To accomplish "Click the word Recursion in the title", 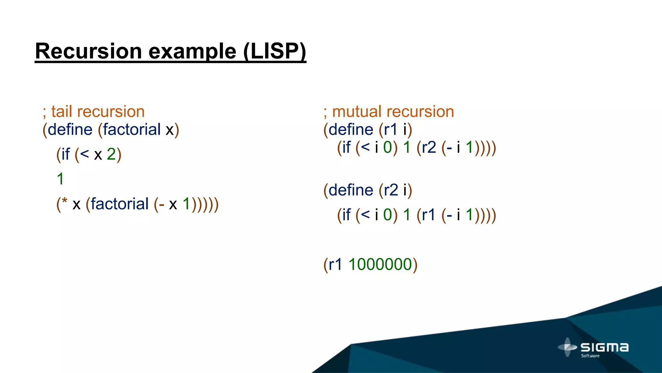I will click(x=88, y=51).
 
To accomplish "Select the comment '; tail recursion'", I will click(x=93, y=112).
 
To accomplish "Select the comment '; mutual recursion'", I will click(x=389, y=112).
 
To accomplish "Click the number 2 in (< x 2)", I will click(x=111, y=154).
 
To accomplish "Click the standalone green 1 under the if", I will click(x=60, y=179).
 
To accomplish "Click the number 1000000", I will click(x=380, y=264).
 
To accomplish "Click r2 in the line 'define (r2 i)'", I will click(x=390, y=190).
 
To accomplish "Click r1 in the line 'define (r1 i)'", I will click(x=390, y=130).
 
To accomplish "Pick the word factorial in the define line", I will click(x=132, y=130).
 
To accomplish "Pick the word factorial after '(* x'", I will click(x=119, y=204).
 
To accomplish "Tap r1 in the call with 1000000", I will click(x=335, y=264).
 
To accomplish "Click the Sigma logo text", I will click(x=604, y=347).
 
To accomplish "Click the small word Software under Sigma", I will click(x=590, y=356).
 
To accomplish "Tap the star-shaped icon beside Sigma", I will click(x=567, y=347).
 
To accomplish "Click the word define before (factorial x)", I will click(x=70, y=130).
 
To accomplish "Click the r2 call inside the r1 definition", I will click(x=429, y=148).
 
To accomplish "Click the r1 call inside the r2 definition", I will click(x=429, y=215).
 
